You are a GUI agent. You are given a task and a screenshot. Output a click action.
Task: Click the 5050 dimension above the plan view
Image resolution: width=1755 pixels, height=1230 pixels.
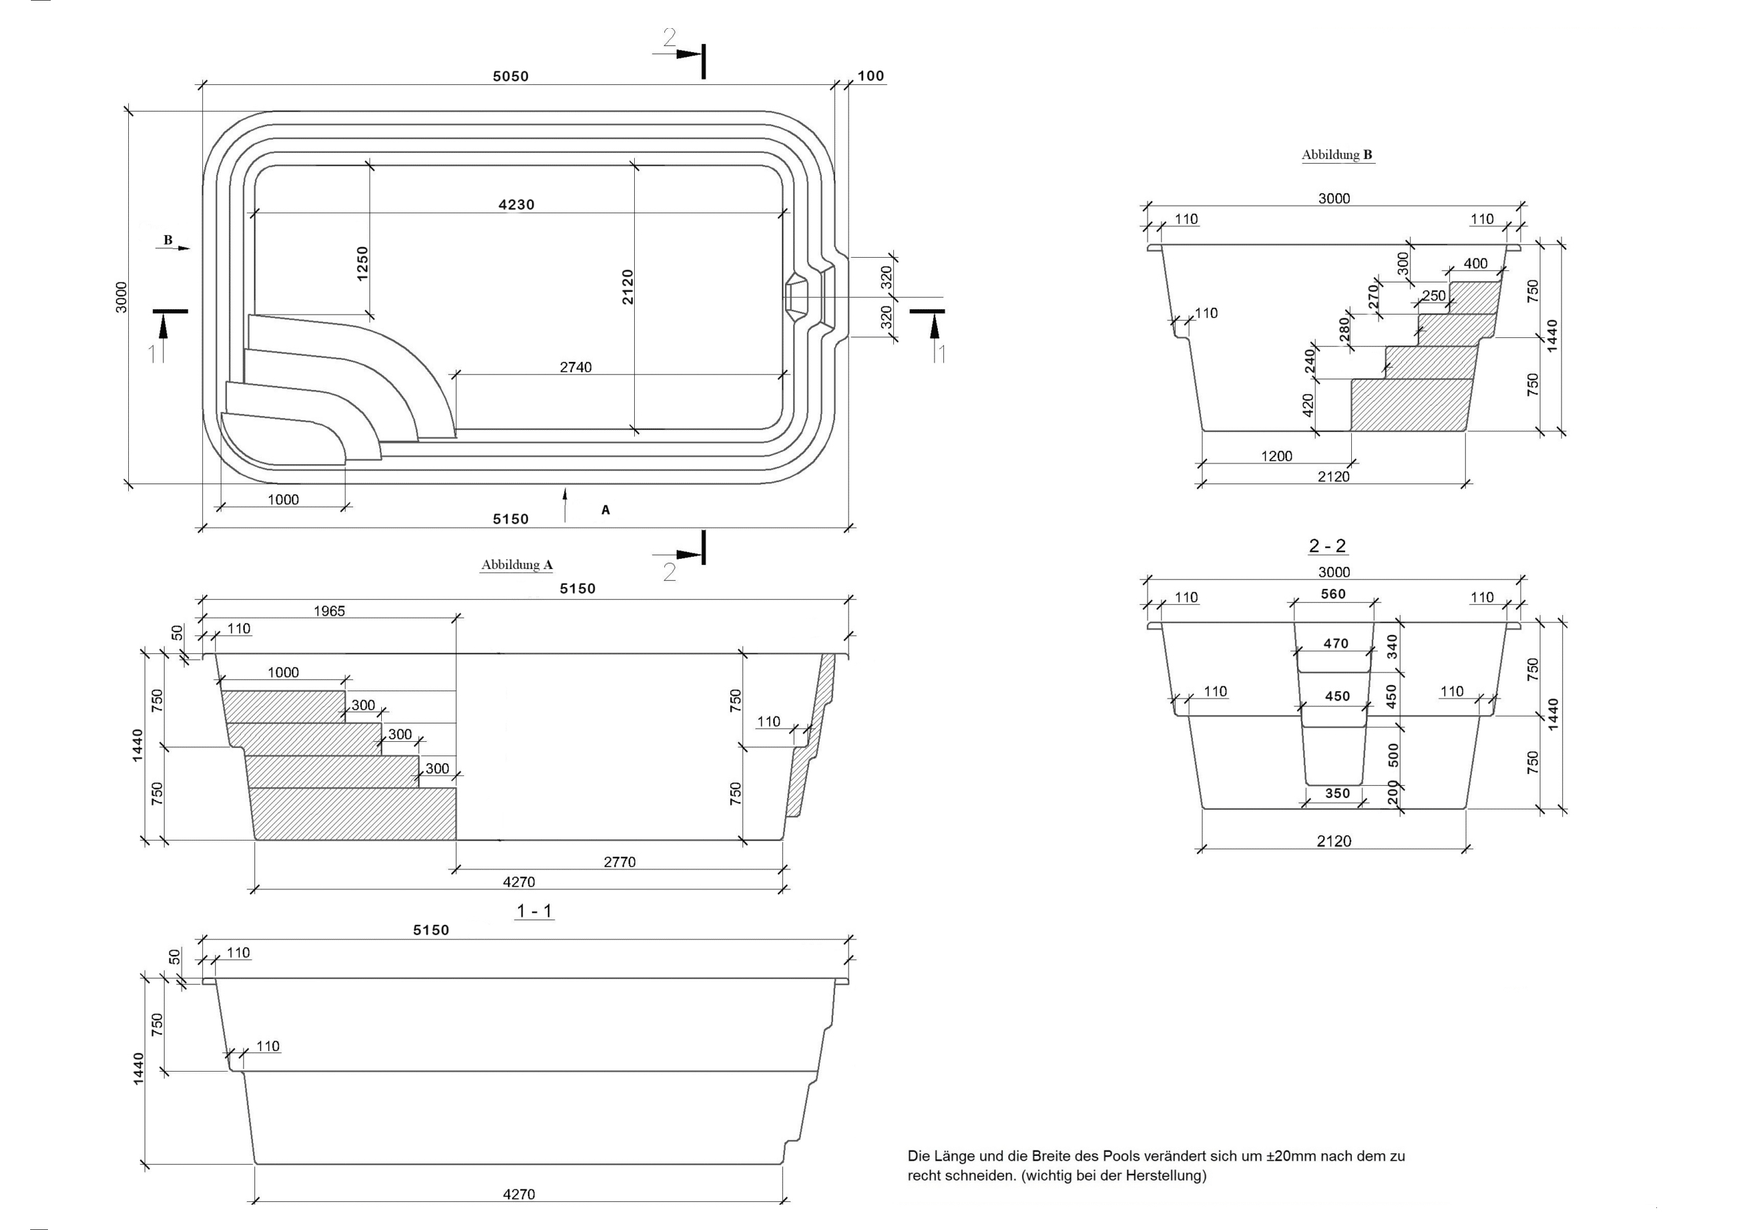pos(511,76)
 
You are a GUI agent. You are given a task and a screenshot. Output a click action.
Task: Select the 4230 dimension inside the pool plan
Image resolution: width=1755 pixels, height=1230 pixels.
pos(517,205)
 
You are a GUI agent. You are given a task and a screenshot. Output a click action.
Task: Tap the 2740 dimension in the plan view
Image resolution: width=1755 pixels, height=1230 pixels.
pos(576,367)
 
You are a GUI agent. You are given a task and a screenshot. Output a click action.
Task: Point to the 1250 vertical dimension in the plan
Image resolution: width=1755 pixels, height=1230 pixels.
pos(363,263)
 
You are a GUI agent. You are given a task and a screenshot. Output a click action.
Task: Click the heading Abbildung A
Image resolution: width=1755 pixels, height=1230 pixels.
pos(517,565)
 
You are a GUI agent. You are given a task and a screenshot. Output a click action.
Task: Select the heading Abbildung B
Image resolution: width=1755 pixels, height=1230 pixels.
pos(1337,154)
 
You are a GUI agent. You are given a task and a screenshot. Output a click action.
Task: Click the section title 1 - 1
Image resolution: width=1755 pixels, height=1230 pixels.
pos(535,911)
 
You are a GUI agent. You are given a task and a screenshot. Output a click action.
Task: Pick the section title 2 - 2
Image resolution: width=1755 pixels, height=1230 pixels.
pos(1328,546)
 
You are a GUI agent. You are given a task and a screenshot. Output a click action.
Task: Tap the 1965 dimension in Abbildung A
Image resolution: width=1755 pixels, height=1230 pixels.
pos(330,612)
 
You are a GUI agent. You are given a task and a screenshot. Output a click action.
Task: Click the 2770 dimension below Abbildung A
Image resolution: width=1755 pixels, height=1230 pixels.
pos(620,863)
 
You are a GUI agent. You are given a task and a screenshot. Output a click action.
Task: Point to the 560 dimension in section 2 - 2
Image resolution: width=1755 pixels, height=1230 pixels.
pos(1333,594)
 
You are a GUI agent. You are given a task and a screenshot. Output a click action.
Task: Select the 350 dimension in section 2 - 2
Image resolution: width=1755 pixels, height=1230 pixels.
pos(1338,793)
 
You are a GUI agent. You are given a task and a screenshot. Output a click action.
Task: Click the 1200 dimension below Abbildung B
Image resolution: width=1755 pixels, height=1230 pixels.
pos(1276,457)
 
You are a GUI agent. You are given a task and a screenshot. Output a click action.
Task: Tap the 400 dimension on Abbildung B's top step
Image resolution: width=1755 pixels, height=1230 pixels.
pos(1476,264)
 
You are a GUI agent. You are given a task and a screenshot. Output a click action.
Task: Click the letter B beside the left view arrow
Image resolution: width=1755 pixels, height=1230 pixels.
pos(168,240)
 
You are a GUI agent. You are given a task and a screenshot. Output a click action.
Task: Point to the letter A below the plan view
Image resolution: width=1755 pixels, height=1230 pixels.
pos(605,510)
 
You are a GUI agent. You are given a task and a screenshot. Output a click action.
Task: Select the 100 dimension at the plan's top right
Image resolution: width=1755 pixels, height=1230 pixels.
pos(871,76)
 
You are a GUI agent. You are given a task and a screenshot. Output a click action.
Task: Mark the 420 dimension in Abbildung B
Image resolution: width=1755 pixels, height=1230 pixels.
pos(1308,405)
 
